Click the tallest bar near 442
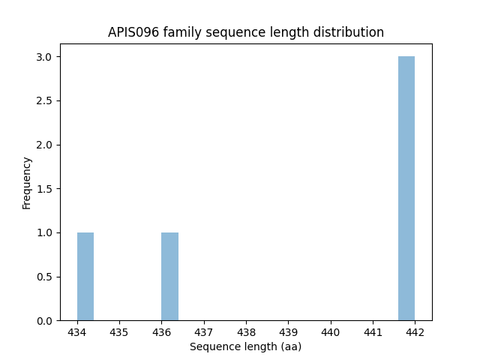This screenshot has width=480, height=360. click(x=406, y=188)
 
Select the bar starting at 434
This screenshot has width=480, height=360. click(x=85, y=277)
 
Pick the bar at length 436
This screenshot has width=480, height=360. click(x=169, y=277)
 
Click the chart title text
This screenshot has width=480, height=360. click(x=246, y=32)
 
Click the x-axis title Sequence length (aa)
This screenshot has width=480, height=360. click(x=245, y=346)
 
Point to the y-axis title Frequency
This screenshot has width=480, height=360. click(x=27, y=183)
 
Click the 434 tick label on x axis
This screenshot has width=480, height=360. click(x=77, y=331)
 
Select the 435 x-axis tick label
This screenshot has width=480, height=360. click(x=119, y=331)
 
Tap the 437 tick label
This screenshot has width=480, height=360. click(x=204, y=331)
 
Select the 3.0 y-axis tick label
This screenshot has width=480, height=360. click(x=45, y=57)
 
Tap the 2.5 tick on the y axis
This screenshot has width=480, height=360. click(x=45, y=101)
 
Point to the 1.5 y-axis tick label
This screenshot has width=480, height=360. click(x=45, y=189)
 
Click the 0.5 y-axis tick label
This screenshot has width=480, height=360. click(x=45, y=277)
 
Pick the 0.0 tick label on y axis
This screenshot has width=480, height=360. click(x=45, y=321)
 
